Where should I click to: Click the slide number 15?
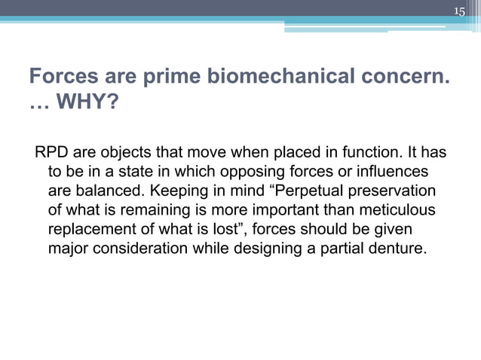pos(460,10)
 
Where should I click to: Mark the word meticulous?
pos(396,211)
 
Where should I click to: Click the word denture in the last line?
pos(397,249)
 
